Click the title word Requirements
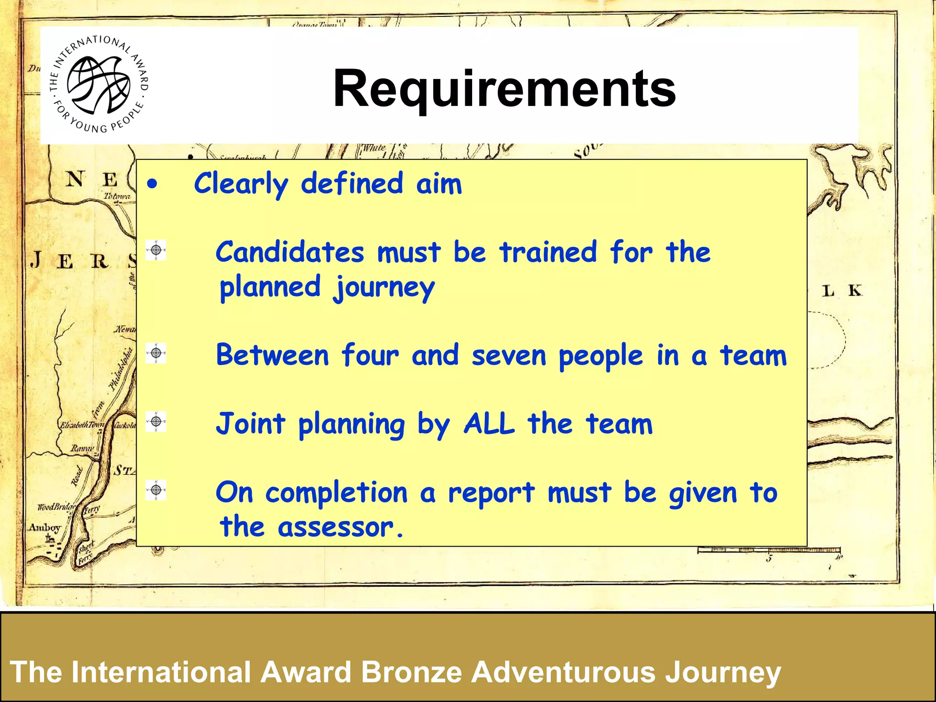(504, 88)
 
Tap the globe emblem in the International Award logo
(98, 85)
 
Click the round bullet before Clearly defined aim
(152, 185)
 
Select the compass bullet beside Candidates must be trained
(156, 250)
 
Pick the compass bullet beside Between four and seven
(156, 353)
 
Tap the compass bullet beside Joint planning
(156, 421)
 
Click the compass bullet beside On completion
(156, 490)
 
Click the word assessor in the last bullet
(336, 527)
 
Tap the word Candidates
(290, 252)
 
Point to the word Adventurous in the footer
(564, 672)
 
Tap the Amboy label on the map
(44, 527)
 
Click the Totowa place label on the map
(117, 196)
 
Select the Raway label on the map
(82, 448)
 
